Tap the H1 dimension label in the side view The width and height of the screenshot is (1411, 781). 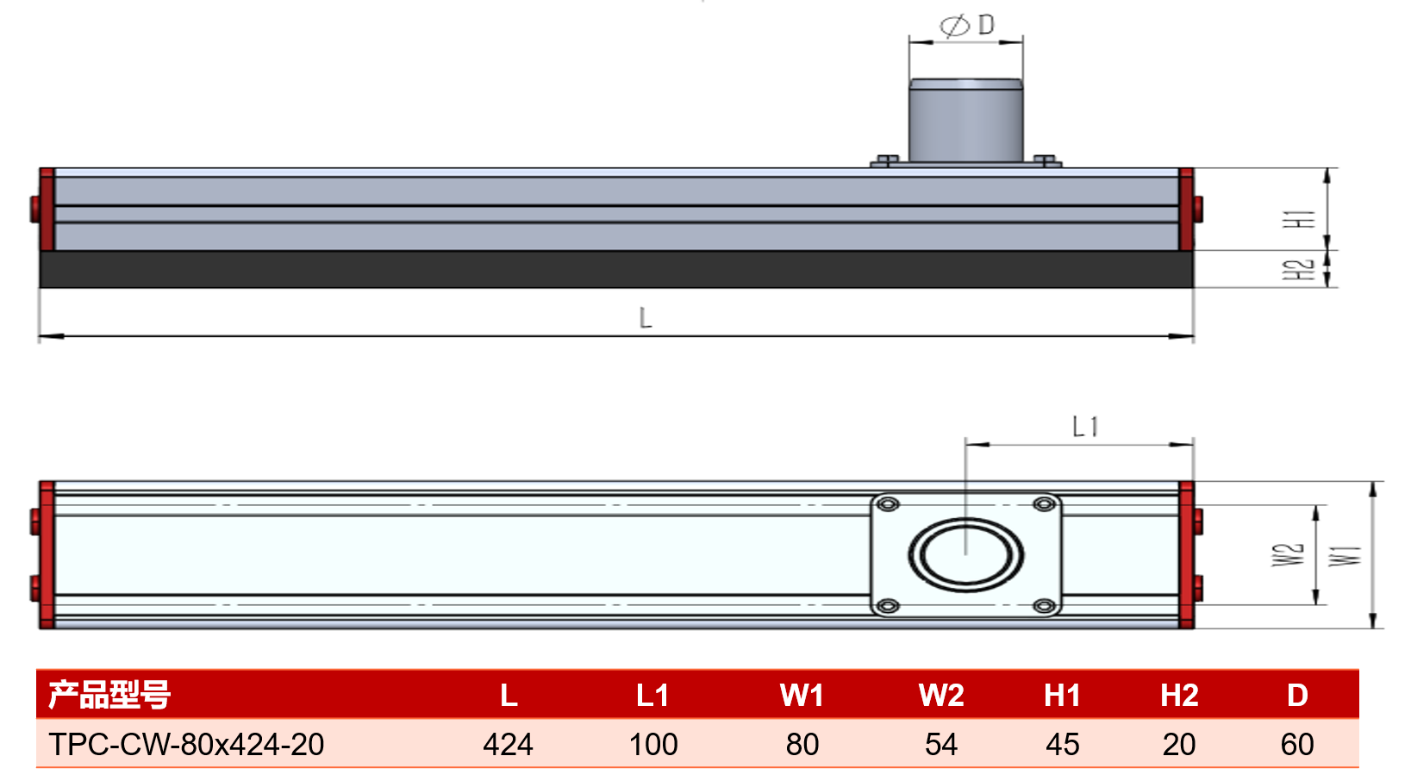1299,219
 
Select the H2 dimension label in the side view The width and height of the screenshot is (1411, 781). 1299,270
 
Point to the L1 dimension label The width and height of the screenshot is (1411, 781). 1085,427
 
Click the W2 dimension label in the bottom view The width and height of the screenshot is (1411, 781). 1287,554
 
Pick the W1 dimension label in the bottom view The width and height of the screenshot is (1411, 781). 1345,556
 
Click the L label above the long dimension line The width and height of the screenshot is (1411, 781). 645,317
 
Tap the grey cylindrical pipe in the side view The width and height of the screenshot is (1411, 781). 965,121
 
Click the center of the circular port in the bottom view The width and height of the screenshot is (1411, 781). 965,555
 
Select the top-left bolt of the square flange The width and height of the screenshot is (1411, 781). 888,504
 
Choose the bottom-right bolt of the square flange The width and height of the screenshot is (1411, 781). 1044,606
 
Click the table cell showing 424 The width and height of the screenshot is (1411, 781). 508,745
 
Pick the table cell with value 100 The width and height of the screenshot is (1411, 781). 653,745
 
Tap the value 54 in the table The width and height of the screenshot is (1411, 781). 941,745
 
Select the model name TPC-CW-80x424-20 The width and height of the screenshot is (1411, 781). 186,745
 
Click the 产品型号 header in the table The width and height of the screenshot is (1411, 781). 109,696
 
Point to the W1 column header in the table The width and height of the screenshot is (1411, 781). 802,696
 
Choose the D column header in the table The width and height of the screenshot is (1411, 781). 1297,696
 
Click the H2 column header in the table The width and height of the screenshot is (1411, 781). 1179,696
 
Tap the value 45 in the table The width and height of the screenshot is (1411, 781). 1063,745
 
